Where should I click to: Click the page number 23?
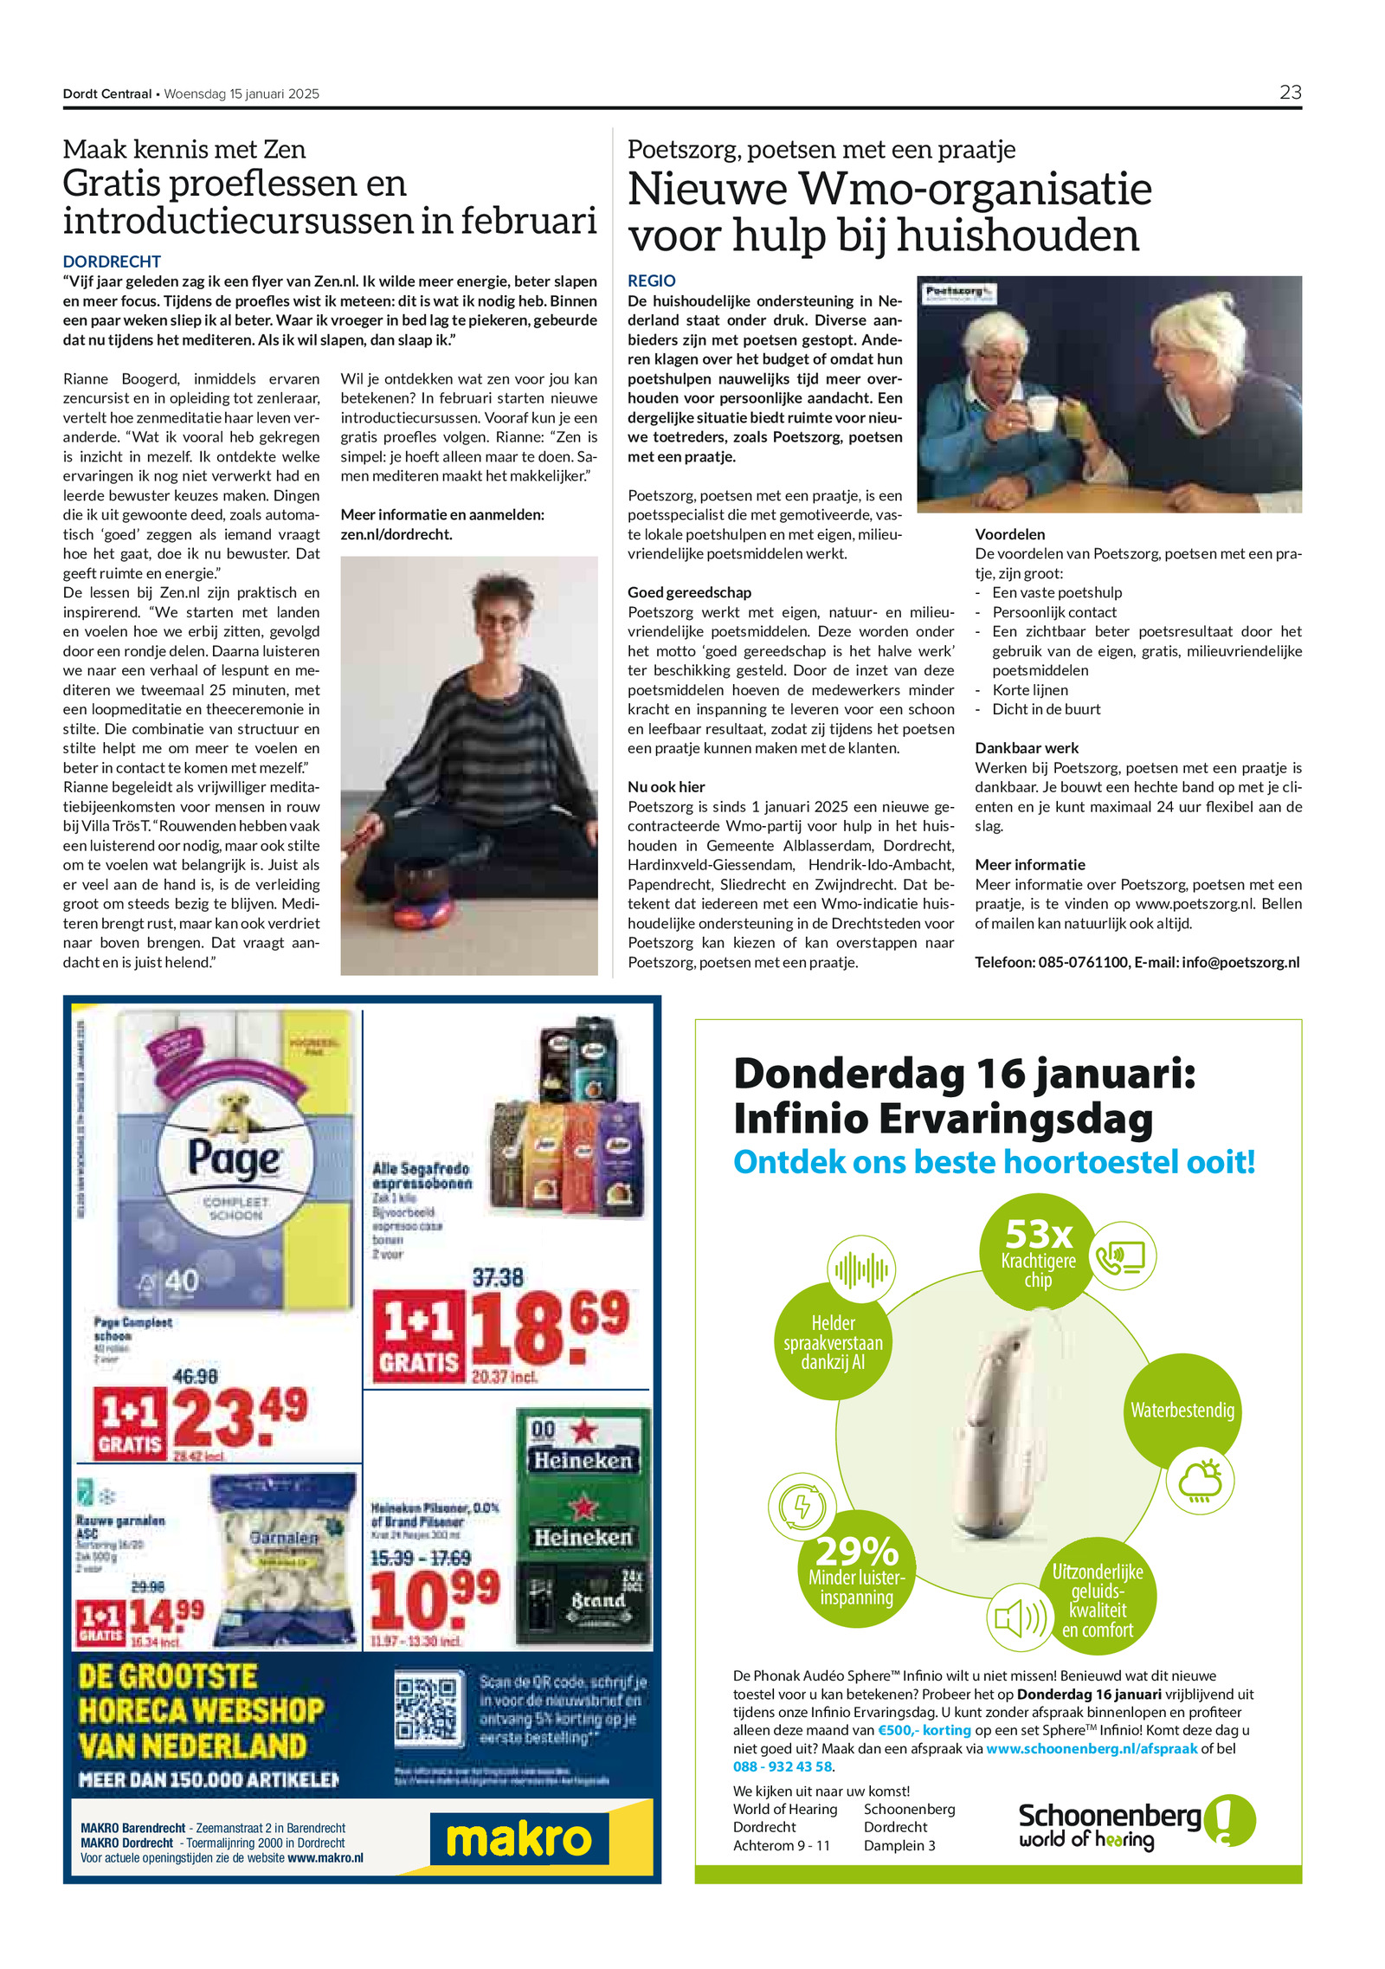click(x=1290, y=93)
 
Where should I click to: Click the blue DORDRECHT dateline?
click(x=112, y=261)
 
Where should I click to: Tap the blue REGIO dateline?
click(x=651, y=281)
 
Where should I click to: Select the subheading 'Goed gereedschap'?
click(x=689, y=592)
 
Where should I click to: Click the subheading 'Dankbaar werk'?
click(x=1027, y=747)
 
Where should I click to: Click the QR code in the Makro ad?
click(x=426, y=1708)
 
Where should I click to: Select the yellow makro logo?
click(x=519, y=1839)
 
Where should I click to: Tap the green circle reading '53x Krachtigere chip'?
click(x=1038, y=1250)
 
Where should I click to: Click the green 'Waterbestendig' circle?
click(x=1182, y=1411)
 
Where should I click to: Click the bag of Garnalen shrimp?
click(x=285, y=1559)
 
